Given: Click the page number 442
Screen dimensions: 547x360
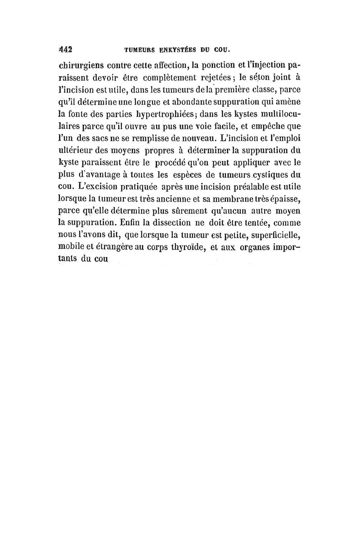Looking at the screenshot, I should tap(66, 49).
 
